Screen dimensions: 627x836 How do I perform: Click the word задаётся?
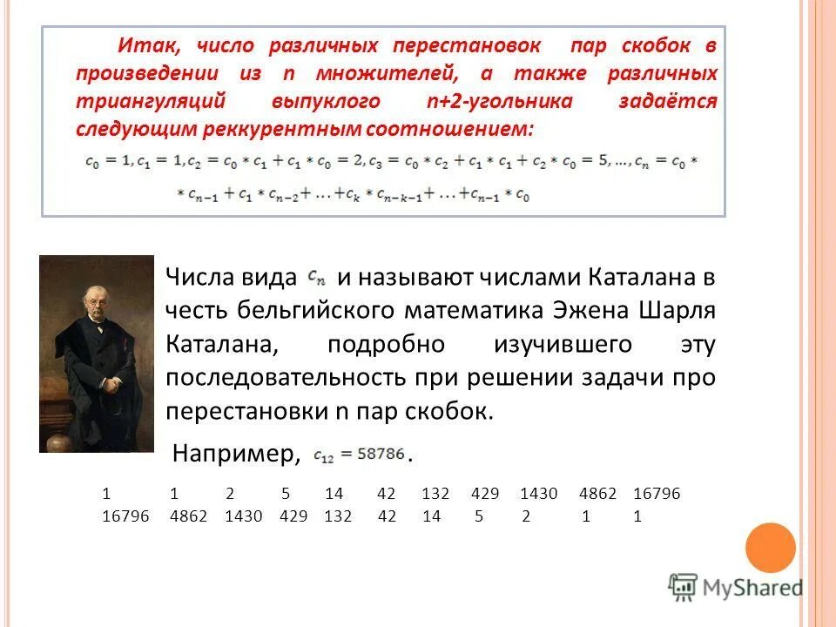click(x=668, y=101)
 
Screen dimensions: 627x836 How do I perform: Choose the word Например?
click(x=236, y=453)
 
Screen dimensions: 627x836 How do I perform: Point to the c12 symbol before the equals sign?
click(x=323, y=454)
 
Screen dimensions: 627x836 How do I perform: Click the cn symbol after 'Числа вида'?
click(x=317, y=278)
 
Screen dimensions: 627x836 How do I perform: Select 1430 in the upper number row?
click(x=538, y=494)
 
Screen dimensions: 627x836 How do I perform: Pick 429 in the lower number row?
click(x=293, y=516)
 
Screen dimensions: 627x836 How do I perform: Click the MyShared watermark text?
click(x=752, y=588)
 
